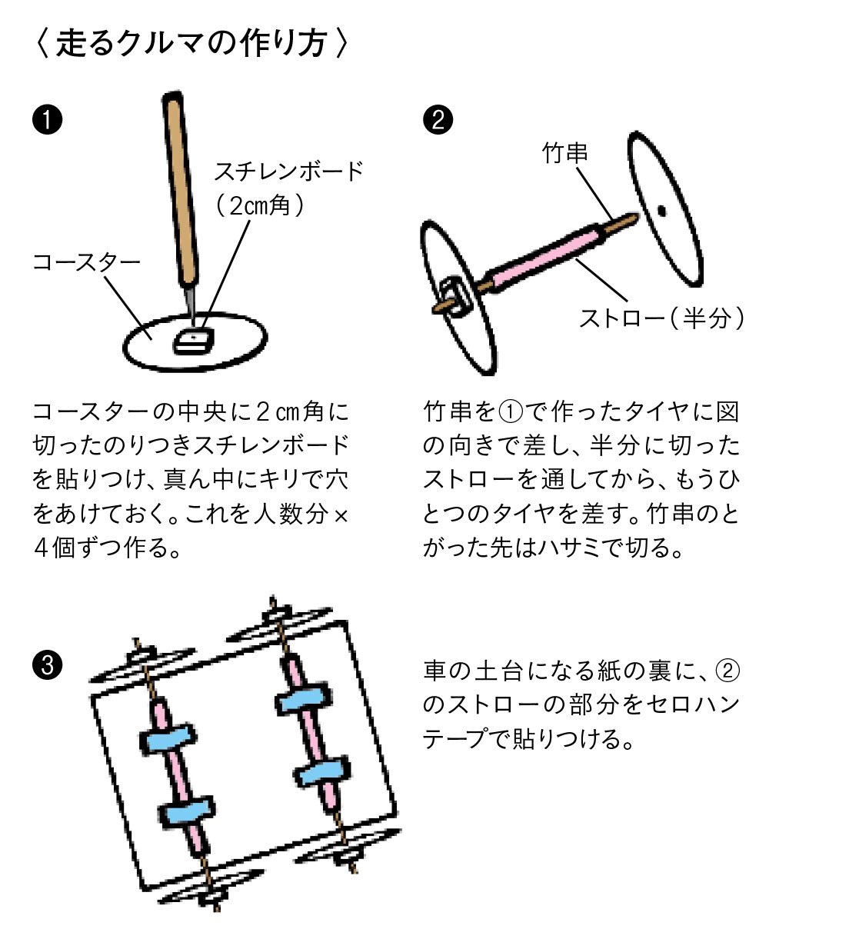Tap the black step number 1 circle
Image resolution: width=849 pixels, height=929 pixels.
pyautogui.click(x=48, y=121)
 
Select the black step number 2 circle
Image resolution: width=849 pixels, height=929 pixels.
pyautogui.click(x=439, y=121)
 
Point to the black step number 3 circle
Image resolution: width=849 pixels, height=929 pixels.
pyautogui.click(x=48, y=663)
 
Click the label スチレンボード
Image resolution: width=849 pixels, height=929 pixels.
pyautogui.click(x=288, y=170)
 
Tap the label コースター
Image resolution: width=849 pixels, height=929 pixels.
pyautogui.click(x=86, y=262)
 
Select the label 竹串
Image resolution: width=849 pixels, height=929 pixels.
pyautogui.click(x=565, y=153)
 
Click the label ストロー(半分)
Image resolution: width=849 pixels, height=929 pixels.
pyautogui.click(x=661, y=317)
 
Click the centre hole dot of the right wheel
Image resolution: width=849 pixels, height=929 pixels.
pyautogui.click(x=661, y=209)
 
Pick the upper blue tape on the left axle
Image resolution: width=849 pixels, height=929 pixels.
pyautogui.click(x=168, y=738)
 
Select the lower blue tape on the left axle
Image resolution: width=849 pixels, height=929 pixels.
pyautogui.click(x=187, y=812)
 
